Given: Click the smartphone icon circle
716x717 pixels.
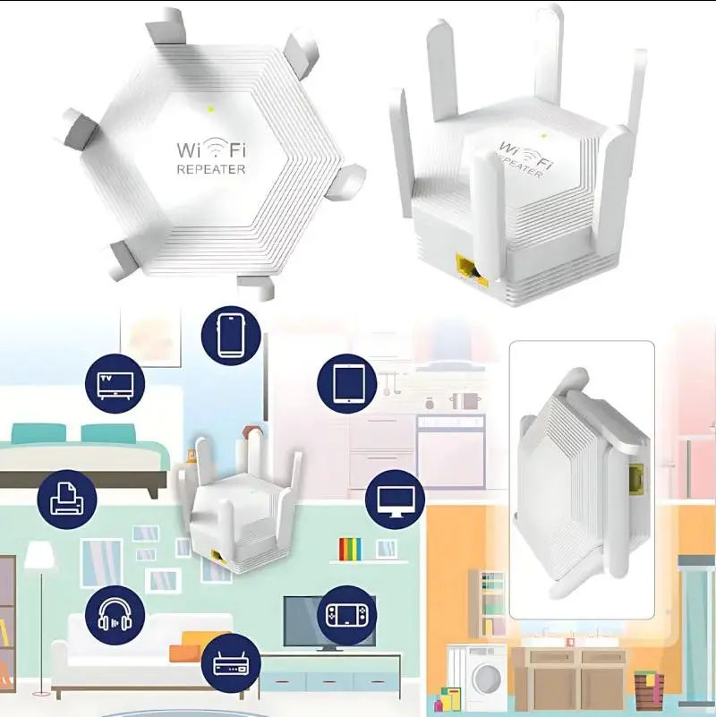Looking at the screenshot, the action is [x=231, y=336].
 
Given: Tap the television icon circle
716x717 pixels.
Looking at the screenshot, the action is [x=115, y=384].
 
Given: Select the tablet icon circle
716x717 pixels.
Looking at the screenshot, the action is [x=347, y=384].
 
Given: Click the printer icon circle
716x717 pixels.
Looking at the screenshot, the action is [x=67, y=499].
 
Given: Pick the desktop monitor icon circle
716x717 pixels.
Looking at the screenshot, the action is [x=395, y=499].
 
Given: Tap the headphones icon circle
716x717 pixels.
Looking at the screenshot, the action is [x=115, y=615].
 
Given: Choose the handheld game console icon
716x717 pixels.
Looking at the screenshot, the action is [x=346, y=616].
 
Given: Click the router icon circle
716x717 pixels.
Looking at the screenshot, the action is [x=231, y=663].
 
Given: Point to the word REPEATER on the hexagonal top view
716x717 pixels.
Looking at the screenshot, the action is [x=211, y=169].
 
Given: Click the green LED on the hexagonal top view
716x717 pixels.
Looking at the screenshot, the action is [x=210, y=109].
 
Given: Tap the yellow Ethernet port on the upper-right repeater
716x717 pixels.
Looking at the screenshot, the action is [x=472, y=271].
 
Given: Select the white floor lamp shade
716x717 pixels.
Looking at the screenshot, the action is [x=39, y=556].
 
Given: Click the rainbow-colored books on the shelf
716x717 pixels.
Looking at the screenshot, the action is [x=350, y=549].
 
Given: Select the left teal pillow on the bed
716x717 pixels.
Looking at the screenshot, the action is [x=38, y=433].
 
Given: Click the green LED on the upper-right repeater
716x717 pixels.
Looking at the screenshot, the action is [x=543, y=135].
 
